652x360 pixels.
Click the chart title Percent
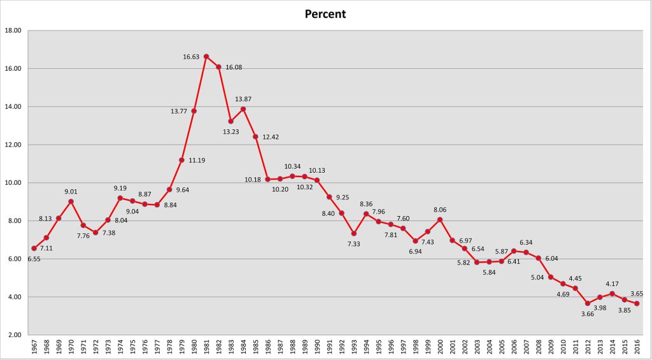(x=325, y=13)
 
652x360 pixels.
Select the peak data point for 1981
(x=206, y=56)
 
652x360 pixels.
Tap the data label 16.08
(x=234, y=67)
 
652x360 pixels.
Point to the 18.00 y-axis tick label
(x=13, y=31)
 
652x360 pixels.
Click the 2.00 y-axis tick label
(x=13, y=335)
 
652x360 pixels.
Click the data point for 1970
(x=71, y=201)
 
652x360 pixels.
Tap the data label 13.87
(x=243, y=99)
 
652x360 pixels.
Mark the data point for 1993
(x=353, y=233)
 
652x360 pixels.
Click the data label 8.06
(x=440, y=210)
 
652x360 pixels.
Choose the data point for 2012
(x=588, y=303)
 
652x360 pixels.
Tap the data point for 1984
(x=243, y=109)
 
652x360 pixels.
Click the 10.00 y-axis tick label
(x=13, y=183)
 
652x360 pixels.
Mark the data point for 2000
(x=440, y=220)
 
